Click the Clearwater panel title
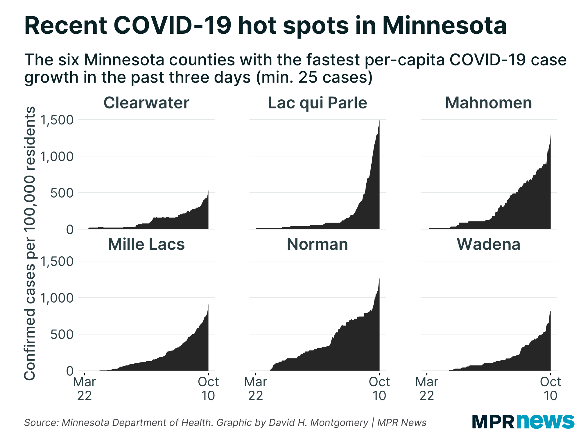146,103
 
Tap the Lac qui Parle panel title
317,103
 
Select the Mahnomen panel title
488,103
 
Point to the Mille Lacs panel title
146,244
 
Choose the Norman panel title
317,244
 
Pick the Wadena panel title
488,244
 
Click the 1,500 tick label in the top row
57,120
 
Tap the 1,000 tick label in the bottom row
57,298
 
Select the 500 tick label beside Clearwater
62,193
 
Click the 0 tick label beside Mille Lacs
70,371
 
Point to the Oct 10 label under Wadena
550,389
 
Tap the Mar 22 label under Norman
256,389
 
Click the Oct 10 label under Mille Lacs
208,389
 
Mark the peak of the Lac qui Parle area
379,121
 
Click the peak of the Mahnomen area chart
550,135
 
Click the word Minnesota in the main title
444,26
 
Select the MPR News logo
523,421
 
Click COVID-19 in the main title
172,26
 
